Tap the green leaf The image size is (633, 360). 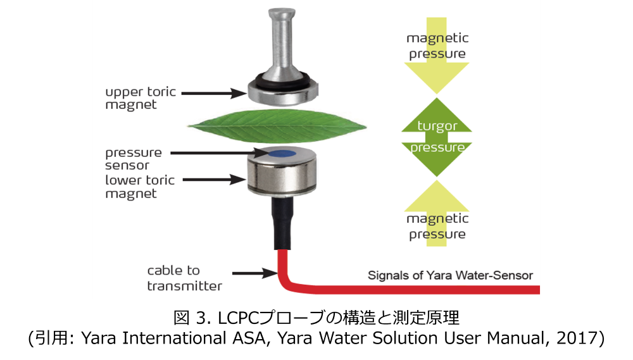click(x=277, y=126)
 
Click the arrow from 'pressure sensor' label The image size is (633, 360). click(x=212, y=152)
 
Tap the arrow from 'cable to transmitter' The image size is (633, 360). click(x=253, y=273)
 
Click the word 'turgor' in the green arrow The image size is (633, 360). click(x=437, y=126)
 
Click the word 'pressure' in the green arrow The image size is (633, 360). click(x=437, y=147)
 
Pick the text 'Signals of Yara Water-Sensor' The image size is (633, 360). click(x=450, y=275)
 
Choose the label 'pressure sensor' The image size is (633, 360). click(x=133, y=159)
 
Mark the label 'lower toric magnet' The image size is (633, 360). click(x=139, y=187)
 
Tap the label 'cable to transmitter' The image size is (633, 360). click(x=184, y=278)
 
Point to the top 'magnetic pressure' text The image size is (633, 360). click(x=437, y=46)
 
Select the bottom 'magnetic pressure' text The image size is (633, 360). click(x=437, y=227)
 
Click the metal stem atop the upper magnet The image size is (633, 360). click(x=278, y=44)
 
